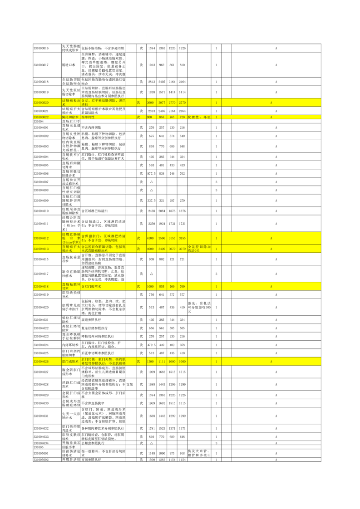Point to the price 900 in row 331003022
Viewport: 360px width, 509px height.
149,117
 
